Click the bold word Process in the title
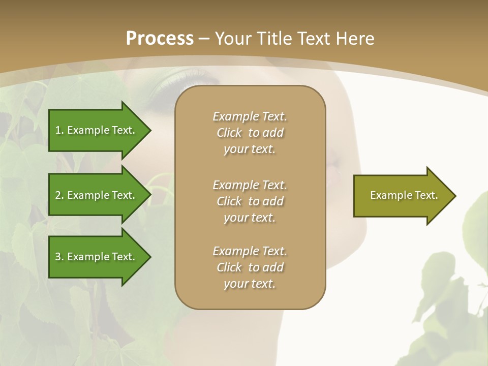[160, 39]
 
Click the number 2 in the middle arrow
[58, 195]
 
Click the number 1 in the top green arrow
[58, 130]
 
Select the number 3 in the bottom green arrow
[58, 257]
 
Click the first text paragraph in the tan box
[250, 133]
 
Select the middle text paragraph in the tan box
[250, 201]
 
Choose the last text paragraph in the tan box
[250, 267]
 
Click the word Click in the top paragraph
[229, 133]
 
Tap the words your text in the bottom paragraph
[250, 284]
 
